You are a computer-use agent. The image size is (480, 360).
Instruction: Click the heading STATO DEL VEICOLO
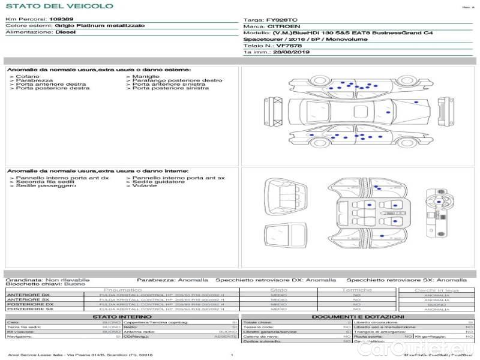point(59,7)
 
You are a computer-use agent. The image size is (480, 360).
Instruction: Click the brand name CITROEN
point(280,27)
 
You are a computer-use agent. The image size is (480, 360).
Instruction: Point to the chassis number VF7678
point(289,46)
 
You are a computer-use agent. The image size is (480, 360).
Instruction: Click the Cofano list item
point(28,77)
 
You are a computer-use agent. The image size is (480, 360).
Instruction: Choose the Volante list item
point(144,186)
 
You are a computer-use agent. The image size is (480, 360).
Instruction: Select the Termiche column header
point(357,290)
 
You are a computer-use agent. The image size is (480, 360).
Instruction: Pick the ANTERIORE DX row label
point(28,295)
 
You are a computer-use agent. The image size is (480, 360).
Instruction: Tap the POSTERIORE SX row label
point(29,309)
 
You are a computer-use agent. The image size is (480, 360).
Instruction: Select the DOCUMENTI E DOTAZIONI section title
point(358,316)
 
